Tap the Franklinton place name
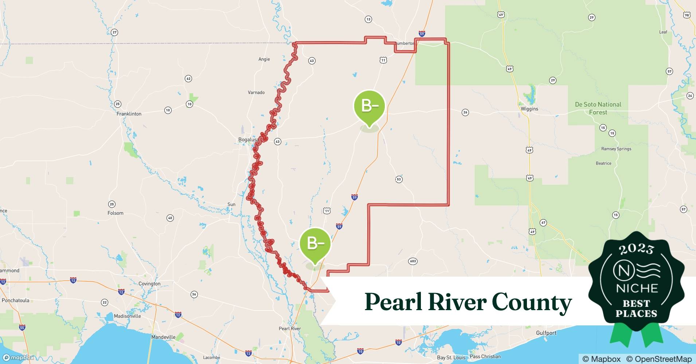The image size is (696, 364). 129,114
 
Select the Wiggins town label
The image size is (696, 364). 529,109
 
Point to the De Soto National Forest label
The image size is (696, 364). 598,108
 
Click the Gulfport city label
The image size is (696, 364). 546,333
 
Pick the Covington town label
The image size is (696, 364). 149,284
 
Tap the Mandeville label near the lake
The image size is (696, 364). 163,337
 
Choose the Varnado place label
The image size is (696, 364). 256,92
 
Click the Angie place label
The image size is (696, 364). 264,59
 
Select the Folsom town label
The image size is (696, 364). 116,213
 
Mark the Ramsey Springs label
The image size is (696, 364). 616,149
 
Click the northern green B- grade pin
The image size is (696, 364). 369,106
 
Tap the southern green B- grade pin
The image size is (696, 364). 315,243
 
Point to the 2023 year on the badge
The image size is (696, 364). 636,249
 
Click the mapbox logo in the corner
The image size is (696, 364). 18,358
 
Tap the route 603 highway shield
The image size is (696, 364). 413,261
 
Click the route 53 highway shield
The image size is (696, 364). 399,179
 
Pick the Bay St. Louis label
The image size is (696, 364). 451,357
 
